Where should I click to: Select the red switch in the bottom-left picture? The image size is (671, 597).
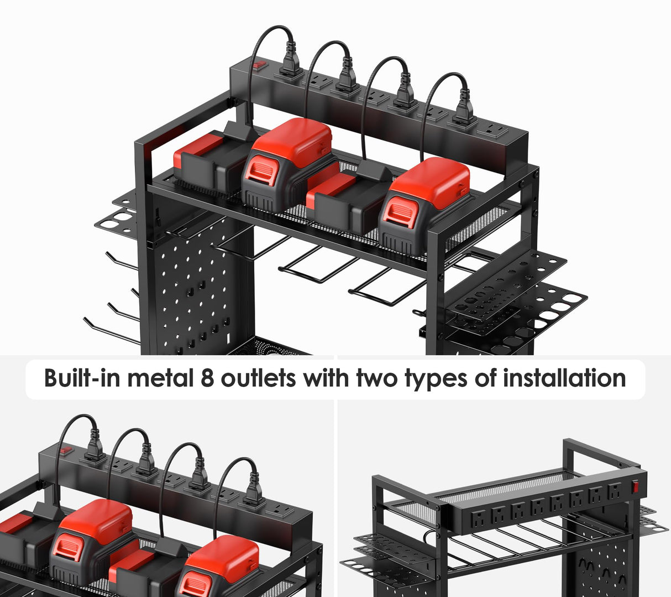click(x=69, y=450)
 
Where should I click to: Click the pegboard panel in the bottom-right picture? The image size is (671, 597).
click(x=597, y=570)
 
